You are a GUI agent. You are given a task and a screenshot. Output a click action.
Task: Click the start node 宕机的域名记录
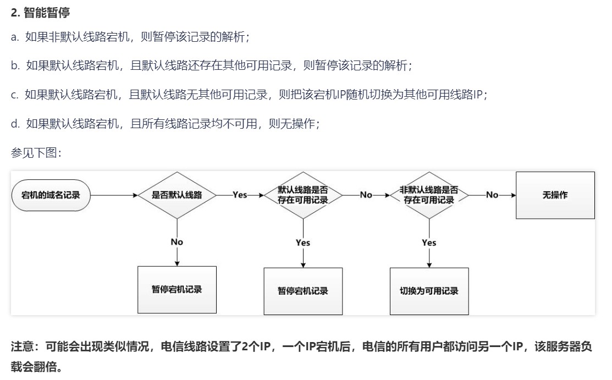[50, 195]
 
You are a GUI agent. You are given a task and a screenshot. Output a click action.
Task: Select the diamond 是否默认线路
[177, 195]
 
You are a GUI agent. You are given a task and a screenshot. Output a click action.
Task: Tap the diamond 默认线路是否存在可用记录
[302, 195]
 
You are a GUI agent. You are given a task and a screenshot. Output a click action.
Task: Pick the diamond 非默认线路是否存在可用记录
[429, 195]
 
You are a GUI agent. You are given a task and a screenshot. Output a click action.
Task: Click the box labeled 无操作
[555, 195]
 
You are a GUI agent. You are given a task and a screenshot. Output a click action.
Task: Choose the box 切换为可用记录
[429, 290]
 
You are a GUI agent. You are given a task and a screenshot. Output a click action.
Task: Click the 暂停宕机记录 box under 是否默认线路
[177, 289]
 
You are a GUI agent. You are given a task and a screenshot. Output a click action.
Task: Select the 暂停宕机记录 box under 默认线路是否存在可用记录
[302, 290]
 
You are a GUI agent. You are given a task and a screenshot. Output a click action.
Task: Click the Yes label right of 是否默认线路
[240, 195]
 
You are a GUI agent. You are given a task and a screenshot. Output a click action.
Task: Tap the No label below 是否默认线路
[177, 242]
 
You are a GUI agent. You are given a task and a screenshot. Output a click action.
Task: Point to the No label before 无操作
[492, 195]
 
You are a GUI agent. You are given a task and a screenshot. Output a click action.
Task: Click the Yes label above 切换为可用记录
[429, 243]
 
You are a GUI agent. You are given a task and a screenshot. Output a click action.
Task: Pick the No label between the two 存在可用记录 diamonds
[366, 195]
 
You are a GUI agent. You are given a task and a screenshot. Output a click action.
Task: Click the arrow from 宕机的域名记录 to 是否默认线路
[113, 195]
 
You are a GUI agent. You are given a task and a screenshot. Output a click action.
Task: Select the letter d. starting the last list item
[15, 123]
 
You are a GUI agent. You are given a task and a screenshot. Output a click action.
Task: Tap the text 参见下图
[36, 152]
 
